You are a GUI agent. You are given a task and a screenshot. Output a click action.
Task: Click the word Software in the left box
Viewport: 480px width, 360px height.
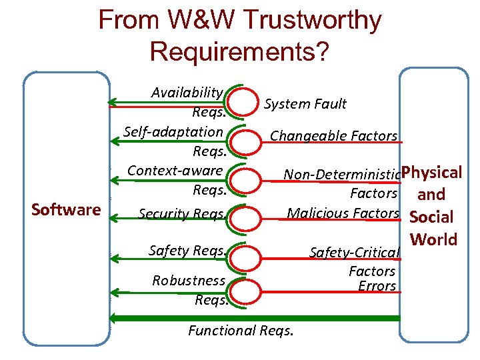[x=66, y=210]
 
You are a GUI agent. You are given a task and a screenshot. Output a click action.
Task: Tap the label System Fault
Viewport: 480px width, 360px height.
[x=305, y=103]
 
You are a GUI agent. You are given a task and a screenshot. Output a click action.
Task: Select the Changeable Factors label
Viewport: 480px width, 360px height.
[x=333, y=136]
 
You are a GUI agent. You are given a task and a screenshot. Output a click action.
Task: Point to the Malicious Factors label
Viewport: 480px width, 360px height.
[x=343, y=213]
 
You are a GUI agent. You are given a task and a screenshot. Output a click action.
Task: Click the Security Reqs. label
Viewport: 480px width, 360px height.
[x=181, y=214]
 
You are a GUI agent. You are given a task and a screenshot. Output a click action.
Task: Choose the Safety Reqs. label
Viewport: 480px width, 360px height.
[x=186, y=251]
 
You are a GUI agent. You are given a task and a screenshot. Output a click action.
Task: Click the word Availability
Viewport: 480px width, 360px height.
[x=186, y=92]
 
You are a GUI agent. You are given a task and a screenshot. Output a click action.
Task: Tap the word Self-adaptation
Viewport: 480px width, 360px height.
[x=173, y=131]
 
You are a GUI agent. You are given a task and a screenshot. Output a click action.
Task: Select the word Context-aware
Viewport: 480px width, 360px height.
[x=175, y=170]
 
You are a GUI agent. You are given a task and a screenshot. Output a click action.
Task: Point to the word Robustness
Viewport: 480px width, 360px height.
[x=189, y=280]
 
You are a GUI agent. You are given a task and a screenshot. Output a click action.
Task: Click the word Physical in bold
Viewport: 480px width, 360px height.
[x=432, y=173]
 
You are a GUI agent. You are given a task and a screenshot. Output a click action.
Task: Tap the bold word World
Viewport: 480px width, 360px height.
[x=434, y=239]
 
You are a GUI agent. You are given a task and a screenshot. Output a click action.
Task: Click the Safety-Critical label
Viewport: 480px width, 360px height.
[x=355, y=253]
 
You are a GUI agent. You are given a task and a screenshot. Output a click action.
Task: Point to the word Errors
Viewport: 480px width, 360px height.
[x=377, y=287]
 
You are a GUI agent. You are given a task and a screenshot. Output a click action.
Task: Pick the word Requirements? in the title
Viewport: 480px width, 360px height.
[x=239, y=51]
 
